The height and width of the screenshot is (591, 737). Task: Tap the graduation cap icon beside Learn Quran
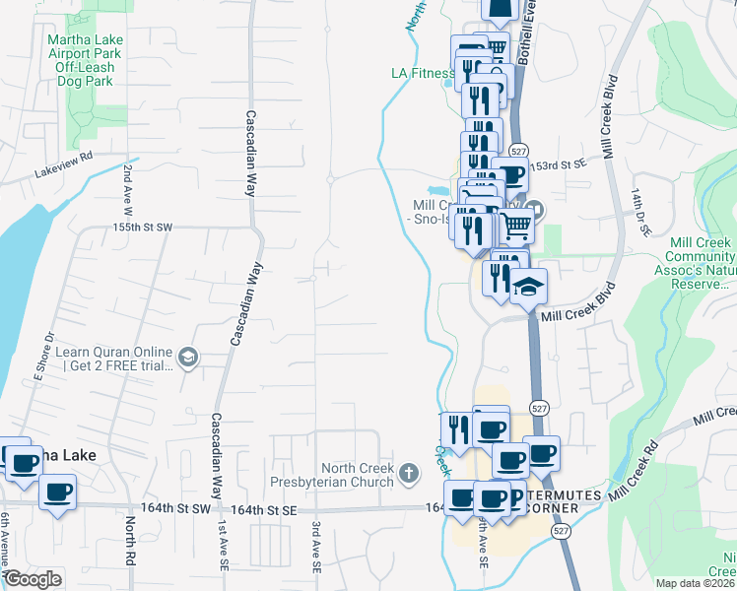coord(186,360)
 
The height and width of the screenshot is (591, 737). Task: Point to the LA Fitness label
coord(423,73)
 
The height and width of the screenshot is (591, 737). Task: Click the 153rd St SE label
coord(560,164)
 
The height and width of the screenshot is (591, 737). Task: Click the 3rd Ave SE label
coord(316,542)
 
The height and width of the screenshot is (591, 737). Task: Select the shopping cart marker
coord(517,226)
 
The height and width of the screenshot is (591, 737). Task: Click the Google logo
coord(32,579)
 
